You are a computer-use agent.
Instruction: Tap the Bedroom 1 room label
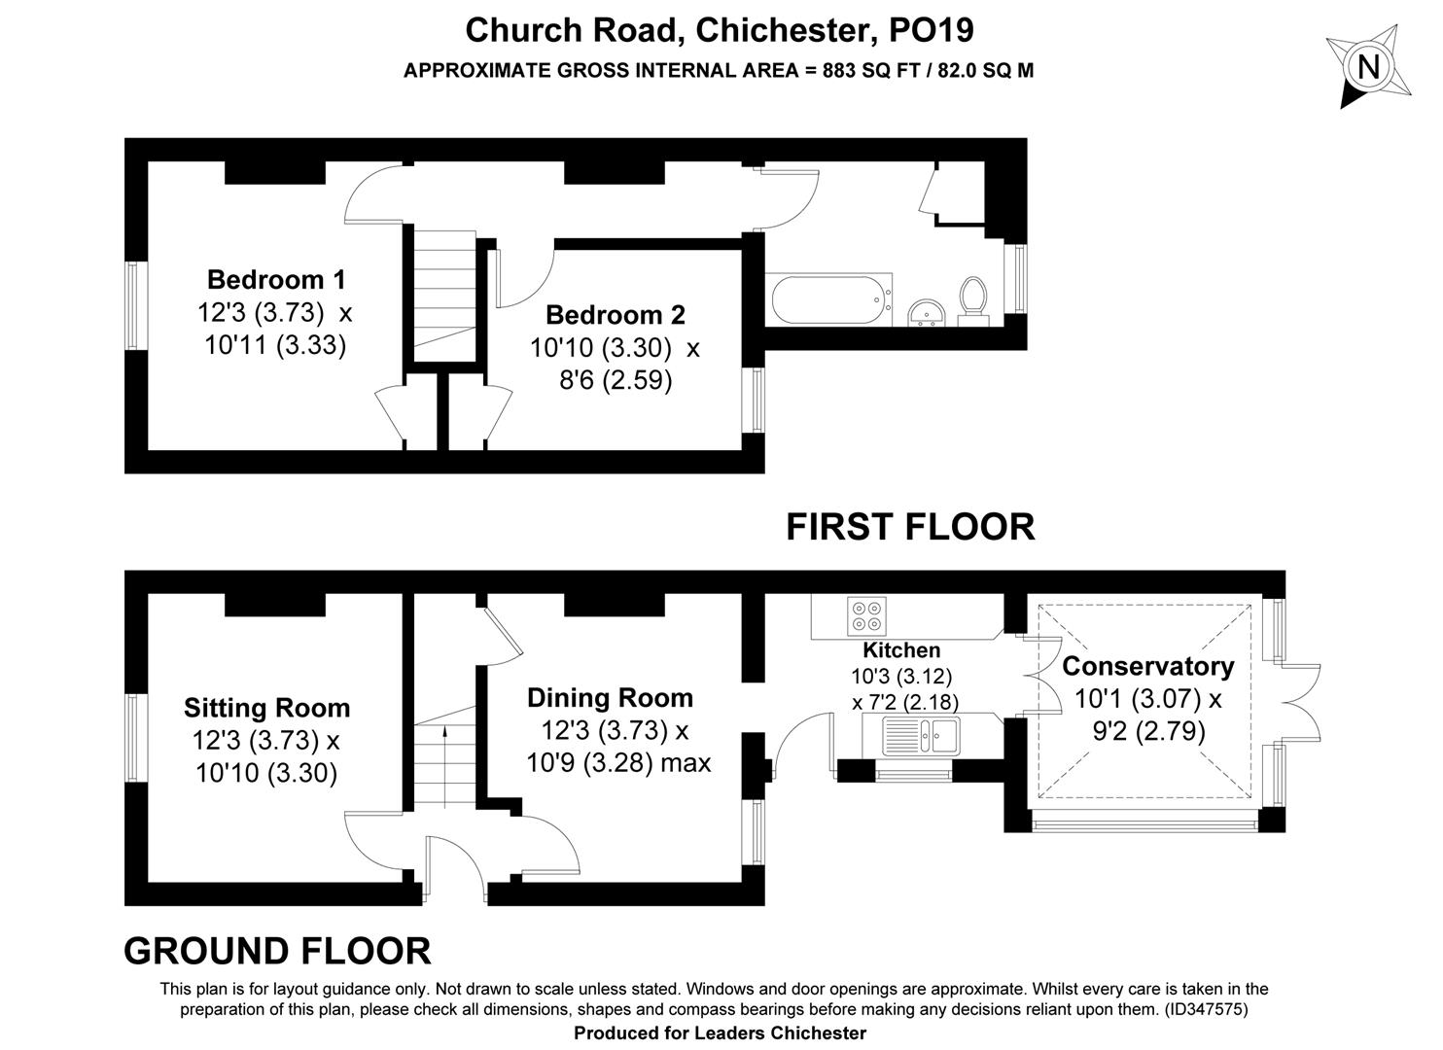[x=276, y=280]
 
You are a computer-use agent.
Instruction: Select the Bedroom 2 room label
[x=616, y=315]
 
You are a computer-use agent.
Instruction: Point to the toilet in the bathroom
[x=972, y=301]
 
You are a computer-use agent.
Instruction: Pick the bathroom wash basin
[x=927, y=314]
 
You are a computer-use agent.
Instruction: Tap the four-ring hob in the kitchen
[x=867, y=615]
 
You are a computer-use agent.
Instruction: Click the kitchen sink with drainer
[x=921, y=735]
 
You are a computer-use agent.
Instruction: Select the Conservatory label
[x=1148, y=666]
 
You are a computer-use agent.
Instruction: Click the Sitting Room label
[x=266, y=708]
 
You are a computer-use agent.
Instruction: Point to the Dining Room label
[x=610, y=698]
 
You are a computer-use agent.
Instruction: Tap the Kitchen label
[x=902, y=650]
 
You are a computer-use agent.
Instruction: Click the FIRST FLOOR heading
[x=910, y=527]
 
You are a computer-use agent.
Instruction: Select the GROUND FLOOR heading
[x=277, y=951]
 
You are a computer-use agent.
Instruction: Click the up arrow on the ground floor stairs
[x=444, y=766]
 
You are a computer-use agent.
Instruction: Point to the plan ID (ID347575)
[x=1206, y=1008]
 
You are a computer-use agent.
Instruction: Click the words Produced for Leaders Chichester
[x=721, y=1033]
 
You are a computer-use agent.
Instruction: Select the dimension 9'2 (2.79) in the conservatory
[x=1148, y=731]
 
